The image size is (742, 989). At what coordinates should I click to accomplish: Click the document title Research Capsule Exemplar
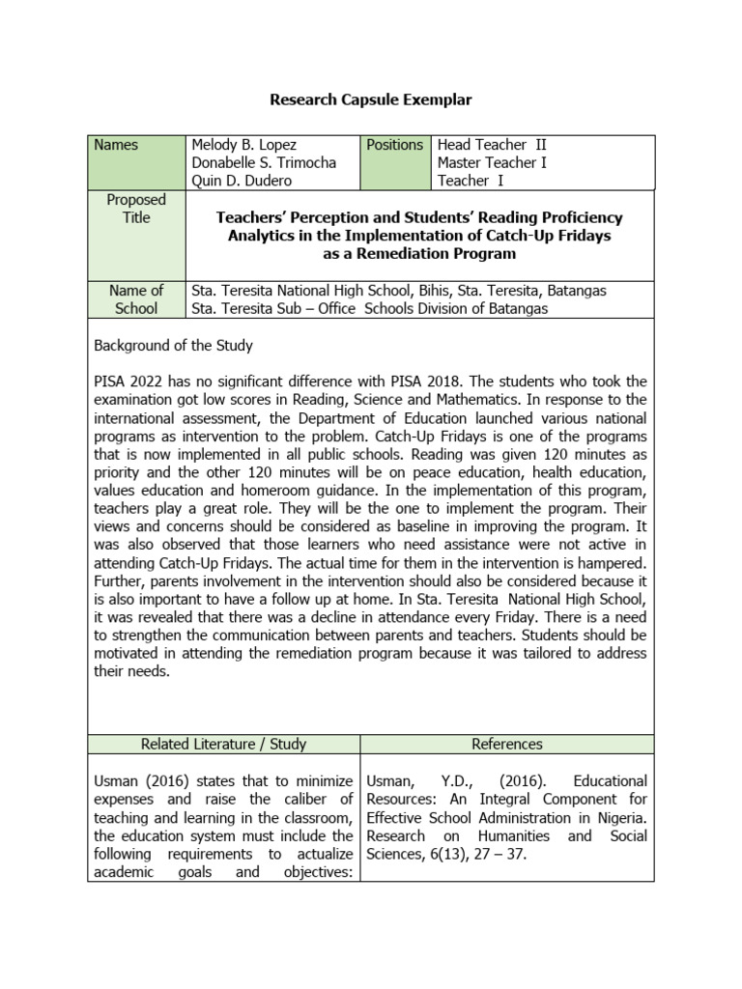point(371,99)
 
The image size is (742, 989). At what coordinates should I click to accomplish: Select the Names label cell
point(116,145)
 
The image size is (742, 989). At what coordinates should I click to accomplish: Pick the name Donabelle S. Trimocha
point(264,162)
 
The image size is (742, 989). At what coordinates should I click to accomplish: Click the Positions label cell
point(394,145)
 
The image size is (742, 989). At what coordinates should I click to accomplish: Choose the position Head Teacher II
point(492,145)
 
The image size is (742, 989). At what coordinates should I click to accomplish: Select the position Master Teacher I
point(492,162)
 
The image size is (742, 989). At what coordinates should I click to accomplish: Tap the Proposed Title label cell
point(136,209)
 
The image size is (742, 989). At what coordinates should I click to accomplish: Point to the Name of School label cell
point(136,299)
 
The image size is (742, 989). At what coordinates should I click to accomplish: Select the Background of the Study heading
point(173,345)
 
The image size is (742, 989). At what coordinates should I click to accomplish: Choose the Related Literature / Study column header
point(223,744)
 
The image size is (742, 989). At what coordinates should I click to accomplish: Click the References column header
point(507,744)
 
